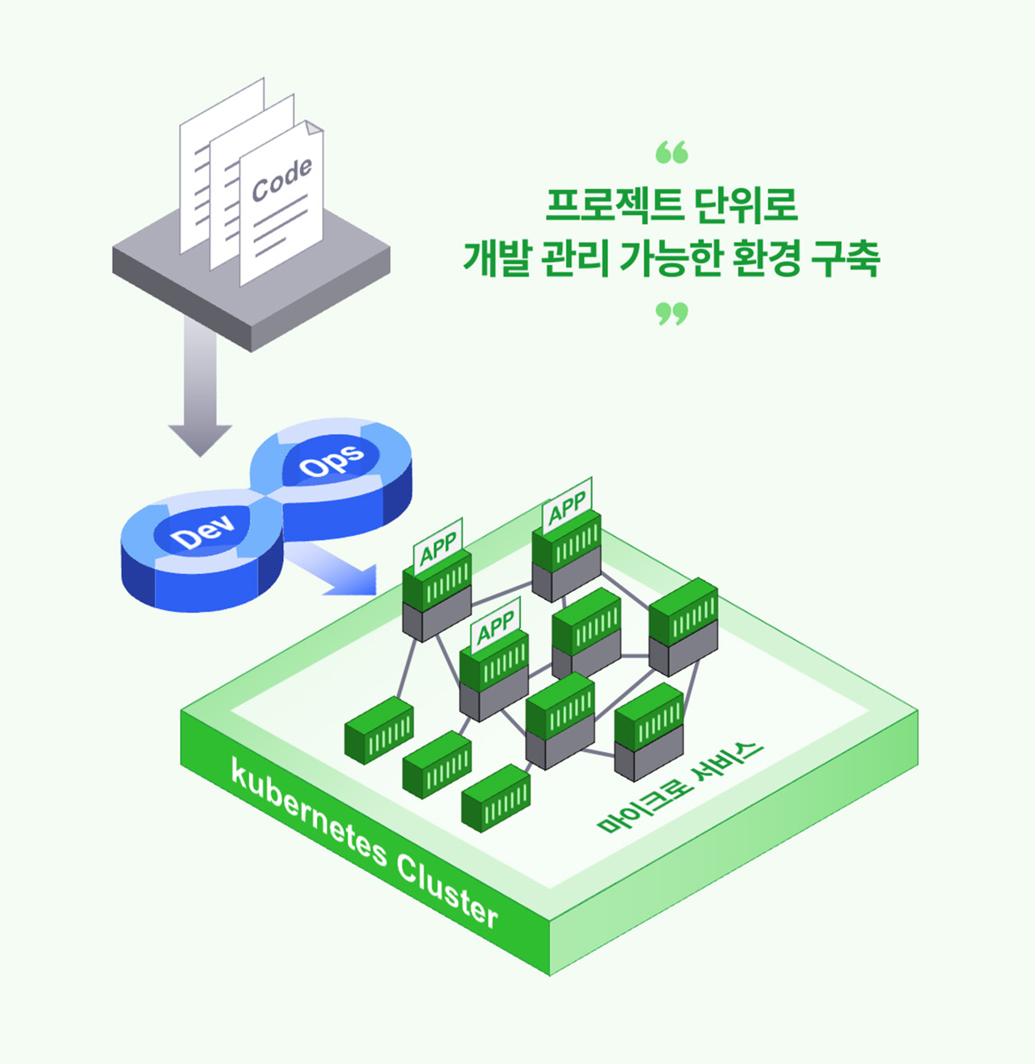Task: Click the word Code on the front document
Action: pyautogui.click(x=282, y=179)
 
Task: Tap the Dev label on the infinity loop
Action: pyautogui.click(x=202, y=531)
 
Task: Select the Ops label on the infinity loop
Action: pyautogui.click(x=332, y=461)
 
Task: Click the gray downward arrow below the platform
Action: pyautogui.click(x=200, y=387)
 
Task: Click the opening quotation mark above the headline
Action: pyautogui.click(x=671, y=151)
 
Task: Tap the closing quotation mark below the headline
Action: pyautogui.click(x=671, y=313)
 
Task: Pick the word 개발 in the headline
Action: pyautogui.click(x=496, y=259)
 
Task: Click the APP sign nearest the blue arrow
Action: pyautogui.click(x=438, y=546)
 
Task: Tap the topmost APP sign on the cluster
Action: pyautogui.click(x=567, y=506)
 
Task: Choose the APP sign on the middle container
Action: pyautogui.click(x=496, y=625)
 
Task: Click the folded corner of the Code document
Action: pyautogui.click(x=314, y=128)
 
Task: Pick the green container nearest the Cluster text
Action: pyautogui.click(x=496, y=798)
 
